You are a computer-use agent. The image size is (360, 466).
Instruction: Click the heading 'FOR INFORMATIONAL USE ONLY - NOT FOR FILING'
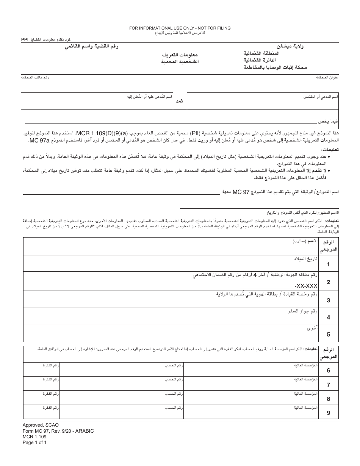coord(180,28)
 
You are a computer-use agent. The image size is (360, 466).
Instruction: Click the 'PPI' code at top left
coord(24,40)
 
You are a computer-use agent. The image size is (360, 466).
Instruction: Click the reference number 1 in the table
coord(328,264)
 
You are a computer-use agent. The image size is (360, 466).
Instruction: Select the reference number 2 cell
coord(328,282)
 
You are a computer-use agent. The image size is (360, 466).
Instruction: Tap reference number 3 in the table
coord(328,300)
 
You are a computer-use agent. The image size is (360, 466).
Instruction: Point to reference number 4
coord(328,317)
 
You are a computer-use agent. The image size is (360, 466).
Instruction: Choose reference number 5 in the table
coord(328,335)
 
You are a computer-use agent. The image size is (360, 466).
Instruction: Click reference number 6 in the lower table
coord(328,371)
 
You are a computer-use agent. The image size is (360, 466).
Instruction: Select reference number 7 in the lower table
coord(328,385)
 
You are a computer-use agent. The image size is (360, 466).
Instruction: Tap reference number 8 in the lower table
coord(328,399)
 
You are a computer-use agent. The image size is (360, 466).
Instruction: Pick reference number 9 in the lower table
coord(328,413)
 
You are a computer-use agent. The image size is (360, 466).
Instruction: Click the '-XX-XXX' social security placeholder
coord(306,286)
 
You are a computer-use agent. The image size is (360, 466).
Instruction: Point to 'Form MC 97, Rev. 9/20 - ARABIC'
coord(58,431)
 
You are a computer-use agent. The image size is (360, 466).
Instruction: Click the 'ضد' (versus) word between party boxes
coord(180,101)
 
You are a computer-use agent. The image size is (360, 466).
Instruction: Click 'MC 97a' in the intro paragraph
coord(39,141)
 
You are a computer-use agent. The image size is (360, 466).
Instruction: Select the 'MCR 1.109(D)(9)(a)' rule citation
coord(102,133)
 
